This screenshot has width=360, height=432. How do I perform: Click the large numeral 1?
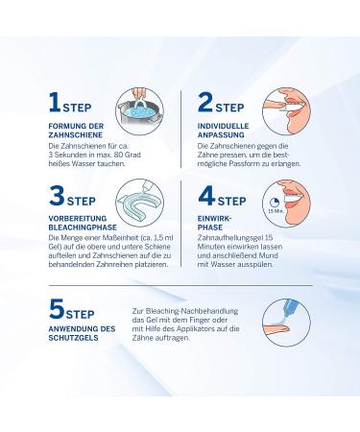(x=55, y=103)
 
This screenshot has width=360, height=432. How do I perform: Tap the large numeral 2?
(x=205, y=103)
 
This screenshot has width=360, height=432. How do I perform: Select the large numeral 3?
(x=57, y=196)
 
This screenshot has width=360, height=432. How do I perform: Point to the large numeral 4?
(x=206, y=196)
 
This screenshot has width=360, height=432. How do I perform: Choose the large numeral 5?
(x=57, y=309)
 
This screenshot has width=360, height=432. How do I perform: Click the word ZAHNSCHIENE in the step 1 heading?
(x=76, y=135)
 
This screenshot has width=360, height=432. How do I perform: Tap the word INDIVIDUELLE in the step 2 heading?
(x=223, y=126)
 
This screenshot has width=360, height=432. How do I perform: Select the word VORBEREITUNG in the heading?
(x=78, y=219)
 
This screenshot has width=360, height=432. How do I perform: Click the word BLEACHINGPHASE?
(x=83, y=228)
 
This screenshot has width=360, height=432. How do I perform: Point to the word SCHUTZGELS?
(x=73, y=338)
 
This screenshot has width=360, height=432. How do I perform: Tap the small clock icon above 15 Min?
(x=275, y=203)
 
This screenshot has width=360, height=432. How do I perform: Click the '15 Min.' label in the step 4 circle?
(x=274, y=211)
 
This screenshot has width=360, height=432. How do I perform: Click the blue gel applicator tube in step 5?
(x=290, y=308)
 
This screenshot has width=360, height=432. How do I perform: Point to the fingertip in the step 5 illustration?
(x=284, y=328)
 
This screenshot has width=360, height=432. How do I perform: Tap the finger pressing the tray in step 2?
(x=273, y=105)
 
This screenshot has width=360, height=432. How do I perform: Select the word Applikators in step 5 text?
(x=200, y=328)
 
